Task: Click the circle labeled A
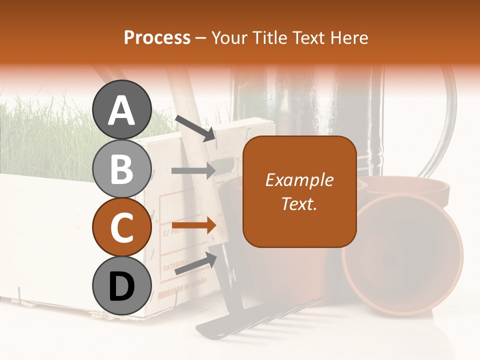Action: pos(121,109)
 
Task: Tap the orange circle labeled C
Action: pos(121,227)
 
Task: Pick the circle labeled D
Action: pos(121,285)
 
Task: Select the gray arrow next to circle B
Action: pos(193,171)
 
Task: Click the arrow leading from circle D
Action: pos(195,263)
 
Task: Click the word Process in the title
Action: pos(157,37)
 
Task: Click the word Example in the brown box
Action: pos(299,180)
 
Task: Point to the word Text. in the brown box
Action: pos(299,203)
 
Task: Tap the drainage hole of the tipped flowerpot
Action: pos(389,259)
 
